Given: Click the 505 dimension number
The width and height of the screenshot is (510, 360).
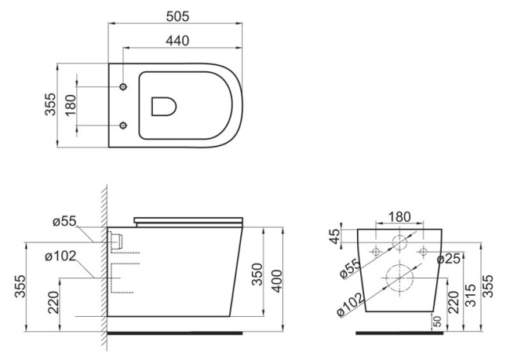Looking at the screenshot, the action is click(177, 16).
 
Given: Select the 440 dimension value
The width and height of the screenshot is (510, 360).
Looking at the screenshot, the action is click(177, 41).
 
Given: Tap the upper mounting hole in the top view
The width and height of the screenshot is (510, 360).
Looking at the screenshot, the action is click(123, 87).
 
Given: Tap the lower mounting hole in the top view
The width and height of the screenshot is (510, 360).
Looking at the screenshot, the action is click(123, 125).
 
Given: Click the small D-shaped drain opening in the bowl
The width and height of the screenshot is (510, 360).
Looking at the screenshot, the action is click(164, 107).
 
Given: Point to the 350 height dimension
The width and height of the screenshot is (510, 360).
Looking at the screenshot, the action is click(257, 275).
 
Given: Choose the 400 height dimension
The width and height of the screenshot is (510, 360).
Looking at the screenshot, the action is click(277, 281).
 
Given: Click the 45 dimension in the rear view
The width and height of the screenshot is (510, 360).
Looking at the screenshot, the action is click(335, 236).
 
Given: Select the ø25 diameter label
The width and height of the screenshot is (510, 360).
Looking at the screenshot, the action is click(449, 259).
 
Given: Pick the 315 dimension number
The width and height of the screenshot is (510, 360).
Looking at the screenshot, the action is click(470, 295).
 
